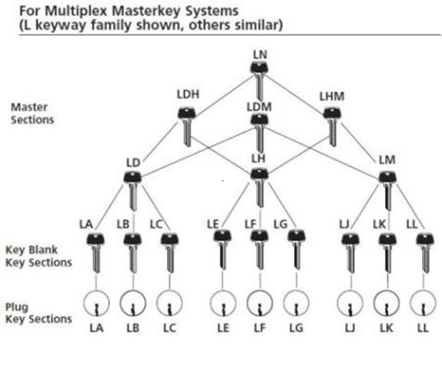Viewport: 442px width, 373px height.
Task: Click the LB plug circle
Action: (x=132, y=304)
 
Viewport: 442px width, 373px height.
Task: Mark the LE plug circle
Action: (x=222, y=304)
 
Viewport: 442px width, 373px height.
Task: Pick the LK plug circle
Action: (x=386, y=304)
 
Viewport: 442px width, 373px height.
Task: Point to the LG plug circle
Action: (x=295, y=304)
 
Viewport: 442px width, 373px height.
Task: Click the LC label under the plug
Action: (x=169, y=328)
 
